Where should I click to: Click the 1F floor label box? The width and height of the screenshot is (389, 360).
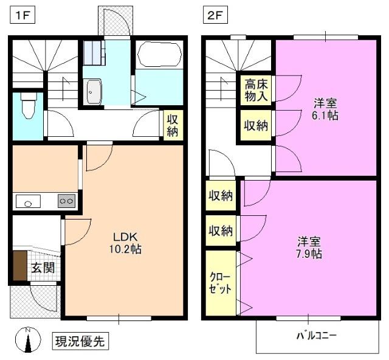[22, 15]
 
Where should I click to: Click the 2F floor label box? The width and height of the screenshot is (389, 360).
[215, 15]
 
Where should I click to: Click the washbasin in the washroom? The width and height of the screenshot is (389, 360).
[92, 92]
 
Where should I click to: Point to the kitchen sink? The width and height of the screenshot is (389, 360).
[28, 201]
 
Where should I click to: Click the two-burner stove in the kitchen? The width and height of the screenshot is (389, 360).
[66, 201]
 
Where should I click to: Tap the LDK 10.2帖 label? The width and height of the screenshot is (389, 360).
[126, 243]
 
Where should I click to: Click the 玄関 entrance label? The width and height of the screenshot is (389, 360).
[43, 268]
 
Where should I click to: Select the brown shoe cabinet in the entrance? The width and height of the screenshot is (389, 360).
[19, 265]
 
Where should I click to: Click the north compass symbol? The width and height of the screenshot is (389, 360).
[28, 340]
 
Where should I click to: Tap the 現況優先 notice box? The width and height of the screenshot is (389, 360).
[80, 341]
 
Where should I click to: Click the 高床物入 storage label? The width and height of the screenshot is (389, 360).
[256, 91]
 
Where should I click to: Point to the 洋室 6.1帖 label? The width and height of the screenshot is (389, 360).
[325, 109]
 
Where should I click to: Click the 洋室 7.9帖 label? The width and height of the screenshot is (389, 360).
[309, 247]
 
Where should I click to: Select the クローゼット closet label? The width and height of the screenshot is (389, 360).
[220, 283]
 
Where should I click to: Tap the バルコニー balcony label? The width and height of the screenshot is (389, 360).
[317, 336]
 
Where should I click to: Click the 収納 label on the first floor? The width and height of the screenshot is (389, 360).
[173, 125]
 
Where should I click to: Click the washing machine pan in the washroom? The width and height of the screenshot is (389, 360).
[94, 53]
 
